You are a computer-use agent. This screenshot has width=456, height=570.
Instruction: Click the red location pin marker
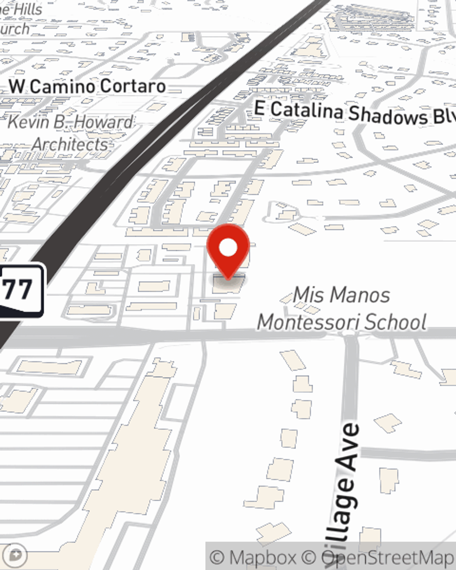tap(228, 251)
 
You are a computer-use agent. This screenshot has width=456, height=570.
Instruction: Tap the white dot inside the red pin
tap(228, 248)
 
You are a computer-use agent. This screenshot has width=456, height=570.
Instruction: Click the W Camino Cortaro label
tap(87, 86)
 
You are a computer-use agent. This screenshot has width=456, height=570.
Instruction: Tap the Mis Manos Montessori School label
tap(342, 309)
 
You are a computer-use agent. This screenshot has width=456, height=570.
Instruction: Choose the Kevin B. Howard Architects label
tap(71, 133)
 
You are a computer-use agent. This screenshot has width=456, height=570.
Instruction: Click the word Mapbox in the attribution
tap(263, 557)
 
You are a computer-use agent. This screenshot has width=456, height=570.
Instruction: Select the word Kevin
tap(29, 122)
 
